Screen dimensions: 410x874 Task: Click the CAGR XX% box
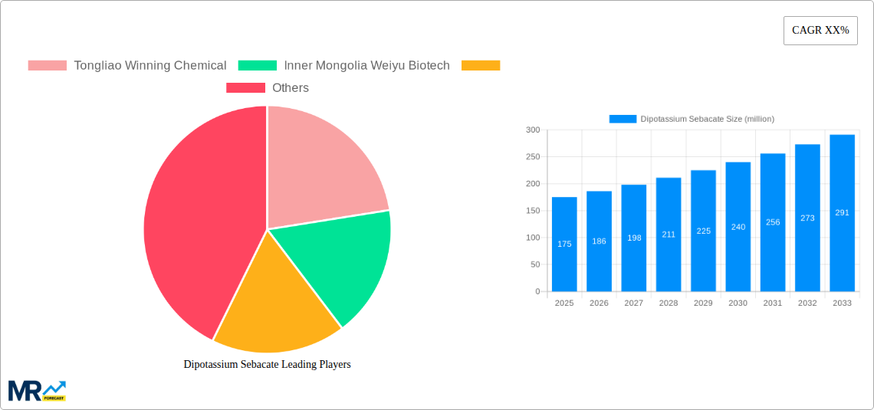820,31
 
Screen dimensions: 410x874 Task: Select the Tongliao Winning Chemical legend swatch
47,66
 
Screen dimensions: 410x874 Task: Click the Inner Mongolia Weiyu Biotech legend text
366,66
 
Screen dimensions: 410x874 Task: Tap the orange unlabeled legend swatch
481,66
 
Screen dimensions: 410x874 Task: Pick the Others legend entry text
291,88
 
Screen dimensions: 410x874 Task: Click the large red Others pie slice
199,230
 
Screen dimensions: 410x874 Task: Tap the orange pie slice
272,310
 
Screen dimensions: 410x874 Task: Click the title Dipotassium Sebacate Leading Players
267,364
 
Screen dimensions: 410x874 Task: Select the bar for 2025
564,244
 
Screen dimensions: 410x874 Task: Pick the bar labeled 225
703,231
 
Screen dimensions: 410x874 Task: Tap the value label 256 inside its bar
773,222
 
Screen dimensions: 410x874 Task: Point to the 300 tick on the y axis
532,130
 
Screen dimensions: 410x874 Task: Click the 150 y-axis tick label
532,211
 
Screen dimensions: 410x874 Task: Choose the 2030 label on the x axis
738,303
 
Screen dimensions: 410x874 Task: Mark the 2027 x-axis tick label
634,303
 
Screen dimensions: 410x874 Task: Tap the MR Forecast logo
37,390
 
